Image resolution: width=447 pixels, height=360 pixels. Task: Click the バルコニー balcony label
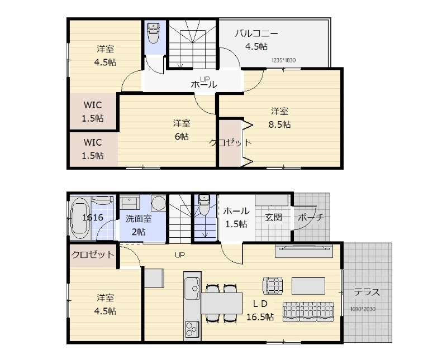coord(256,33)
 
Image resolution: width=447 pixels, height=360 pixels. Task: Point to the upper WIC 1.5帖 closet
coord(93,112)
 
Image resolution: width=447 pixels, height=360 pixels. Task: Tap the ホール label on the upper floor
coord(203,85)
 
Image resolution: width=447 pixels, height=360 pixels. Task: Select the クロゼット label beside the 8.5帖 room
coord(230,143)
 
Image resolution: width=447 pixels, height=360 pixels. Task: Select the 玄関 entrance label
coord(273,217)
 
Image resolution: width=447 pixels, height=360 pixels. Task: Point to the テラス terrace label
coord(367,291)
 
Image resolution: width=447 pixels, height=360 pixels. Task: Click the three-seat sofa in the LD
coord(309,310)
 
